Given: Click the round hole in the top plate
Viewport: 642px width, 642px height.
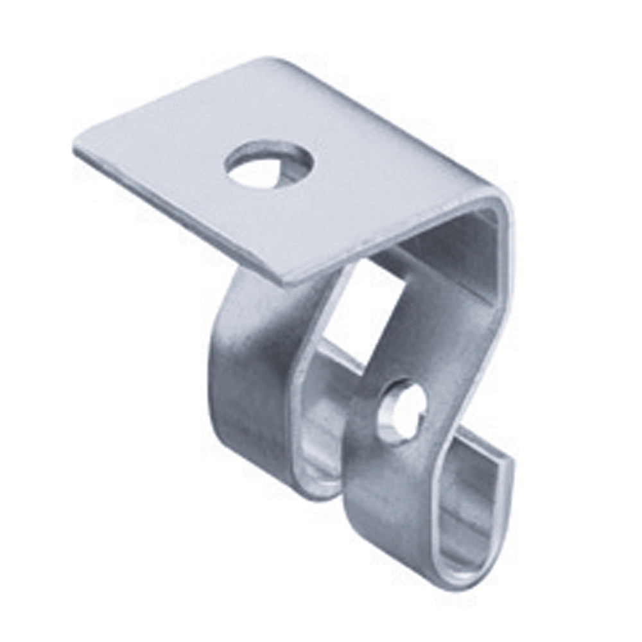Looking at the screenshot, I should [269, 164].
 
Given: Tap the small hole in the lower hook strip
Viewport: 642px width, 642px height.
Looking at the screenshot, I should [402, 411].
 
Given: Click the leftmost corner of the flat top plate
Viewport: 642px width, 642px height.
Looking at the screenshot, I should [76, 150].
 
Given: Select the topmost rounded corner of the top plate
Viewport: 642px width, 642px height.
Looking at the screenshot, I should [273, 61].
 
